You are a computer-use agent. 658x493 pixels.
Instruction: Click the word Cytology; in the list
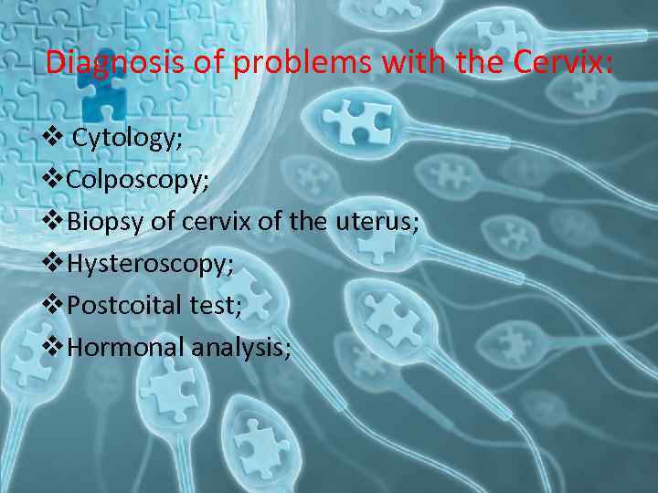[x=127, y=139]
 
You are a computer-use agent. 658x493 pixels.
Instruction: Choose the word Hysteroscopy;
[x=150, y=264]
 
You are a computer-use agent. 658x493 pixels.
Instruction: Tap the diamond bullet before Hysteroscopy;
[x=53, y=263]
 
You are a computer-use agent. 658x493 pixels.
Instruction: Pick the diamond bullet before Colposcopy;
[x=53, y=178]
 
